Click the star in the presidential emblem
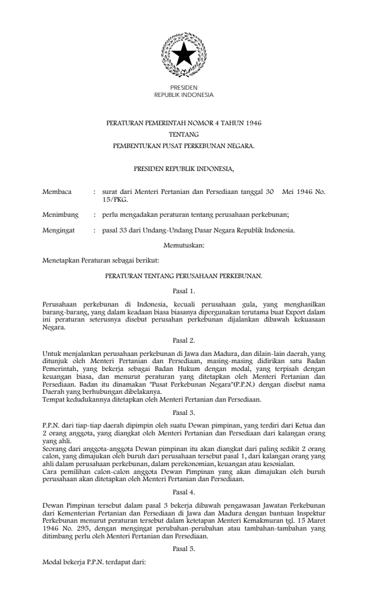tap(183, 56)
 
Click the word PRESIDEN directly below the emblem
tap(183, 88)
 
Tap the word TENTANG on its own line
tap(183, 134)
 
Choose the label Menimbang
tap(60, 214)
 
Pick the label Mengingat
tap(58, 230)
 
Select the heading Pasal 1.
tap(183, 290)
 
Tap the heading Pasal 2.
tap(183, 341)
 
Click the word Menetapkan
tap(60, 261)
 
